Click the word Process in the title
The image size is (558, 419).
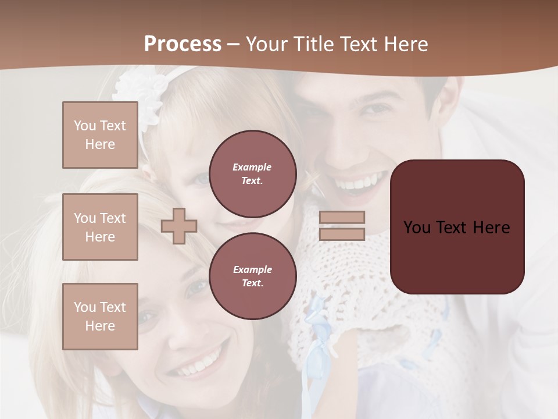pyautogui.click(x=183, y=44)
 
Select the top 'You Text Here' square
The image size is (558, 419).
pyautogui.click(x=100, y=135)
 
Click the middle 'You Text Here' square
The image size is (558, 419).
pyautogui.click(x=100, y=227)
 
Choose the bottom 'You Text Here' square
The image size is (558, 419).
pyautogui.click(x=100, y=317)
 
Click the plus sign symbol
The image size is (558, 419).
pyautogui.click(x=179, y=226)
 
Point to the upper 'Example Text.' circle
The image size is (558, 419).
pyautogui.click(x=252, y=173)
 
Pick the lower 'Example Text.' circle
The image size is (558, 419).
pyautogui.click(x=252, y=276)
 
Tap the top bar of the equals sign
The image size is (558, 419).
pyautogui.click(x=342, y=217)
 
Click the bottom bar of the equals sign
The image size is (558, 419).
pyautogui.click(x=342, y=234)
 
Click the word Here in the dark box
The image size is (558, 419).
pyautogui.click(x=492, y=228)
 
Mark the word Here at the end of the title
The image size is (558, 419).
pyautogui.click(x=407, y=44)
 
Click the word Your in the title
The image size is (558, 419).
pyautogui.click(x=267, y=44)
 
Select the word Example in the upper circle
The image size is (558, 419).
pyautogui.click(x=252, y=167)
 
